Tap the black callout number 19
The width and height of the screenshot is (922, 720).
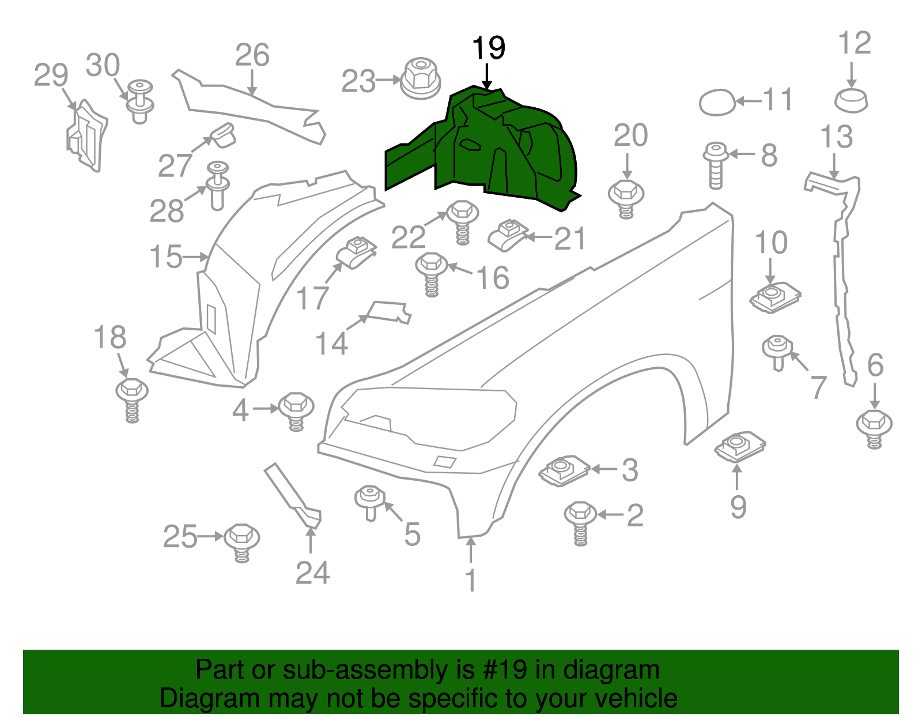coord(488,47)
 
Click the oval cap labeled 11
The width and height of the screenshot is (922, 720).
coord(717,102)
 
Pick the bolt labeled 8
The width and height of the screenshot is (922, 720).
coord(716,165)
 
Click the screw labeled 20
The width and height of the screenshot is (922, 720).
coord(626,199)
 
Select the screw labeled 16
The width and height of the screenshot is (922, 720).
coord(432,274)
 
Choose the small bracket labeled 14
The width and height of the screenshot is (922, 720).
coord(388,312)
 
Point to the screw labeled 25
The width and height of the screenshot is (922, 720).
coord(241,542)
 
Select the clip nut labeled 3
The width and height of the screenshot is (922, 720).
coord(564,471)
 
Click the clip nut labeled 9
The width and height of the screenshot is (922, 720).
coord(740,447)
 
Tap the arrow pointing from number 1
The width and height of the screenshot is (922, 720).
coord(471,551)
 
